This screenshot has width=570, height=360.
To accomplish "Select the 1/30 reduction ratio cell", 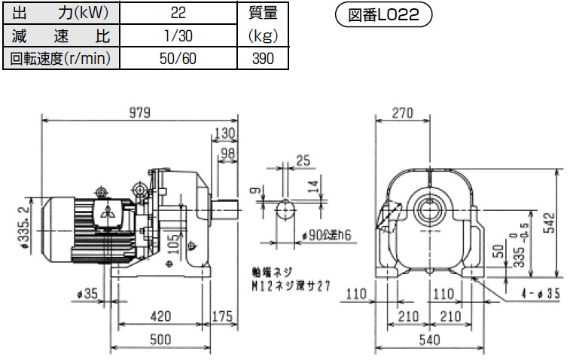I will (x=179, y=35).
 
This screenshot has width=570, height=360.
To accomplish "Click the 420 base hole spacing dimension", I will (x=160, y=314).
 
